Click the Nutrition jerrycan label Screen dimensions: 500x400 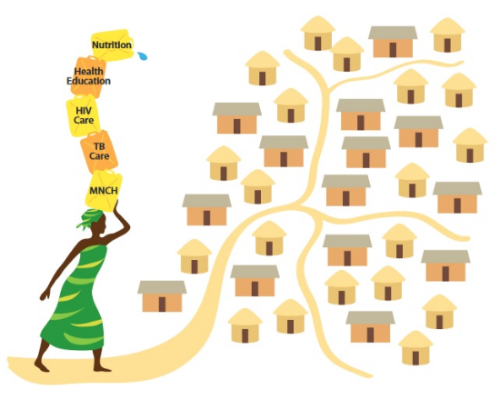[112, 45]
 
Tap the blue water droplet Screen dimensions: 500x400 [143, 55]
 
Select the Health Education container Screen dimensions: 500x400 [88, 76]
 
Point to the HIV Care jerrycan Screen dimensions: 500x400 [84, 115]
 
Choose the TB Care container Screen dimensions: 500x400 [99, 152]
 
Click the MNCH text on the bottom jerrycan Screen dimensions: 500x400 [104, 190]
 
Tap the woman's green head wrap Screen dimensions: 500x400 [90, 218]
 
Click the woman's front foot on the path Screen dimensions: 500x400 [103, 369]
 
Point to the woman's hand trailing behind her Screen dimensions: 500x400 [45, 295]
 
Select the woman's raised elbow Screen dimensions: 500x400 [127, 225]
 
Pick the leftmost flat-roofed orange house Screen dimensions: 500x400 [162, 296]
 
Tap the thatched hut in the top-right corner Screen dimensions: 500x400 [447, 35]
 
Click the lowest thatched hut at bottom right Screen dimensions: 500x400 [415, 348]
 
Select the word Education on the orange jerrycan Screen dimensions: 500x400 [89, 81]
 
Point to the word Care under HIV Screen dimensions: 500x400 [84, 120]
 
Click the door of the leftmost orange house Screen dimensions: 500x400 [162, 304]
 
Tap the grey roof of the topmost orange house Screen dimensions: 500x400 [393, 33]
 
